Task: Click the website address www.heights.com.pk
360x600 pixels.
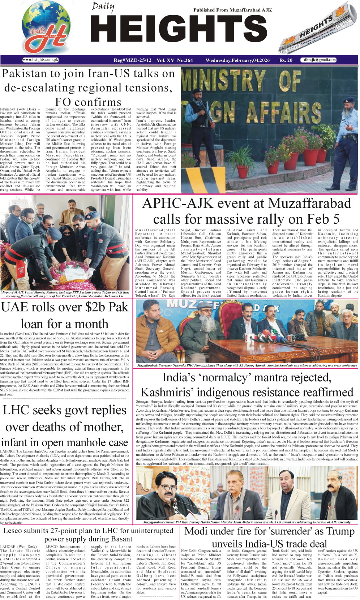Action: coord(40,60)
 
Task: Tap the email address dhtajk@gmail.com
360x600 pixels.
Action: coord(320,60)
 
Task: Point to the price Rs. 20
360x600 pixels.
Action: coord(286,60)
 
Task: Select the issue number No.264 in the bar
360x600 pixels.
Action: coord(185,60)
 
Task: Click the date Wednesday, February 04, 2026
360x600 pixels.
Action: coord(237,60)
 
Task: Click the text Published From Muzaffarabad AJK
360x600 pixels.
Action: coord(232,10)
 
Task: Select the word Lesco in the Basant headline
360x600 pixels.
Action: coord(15,531)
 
